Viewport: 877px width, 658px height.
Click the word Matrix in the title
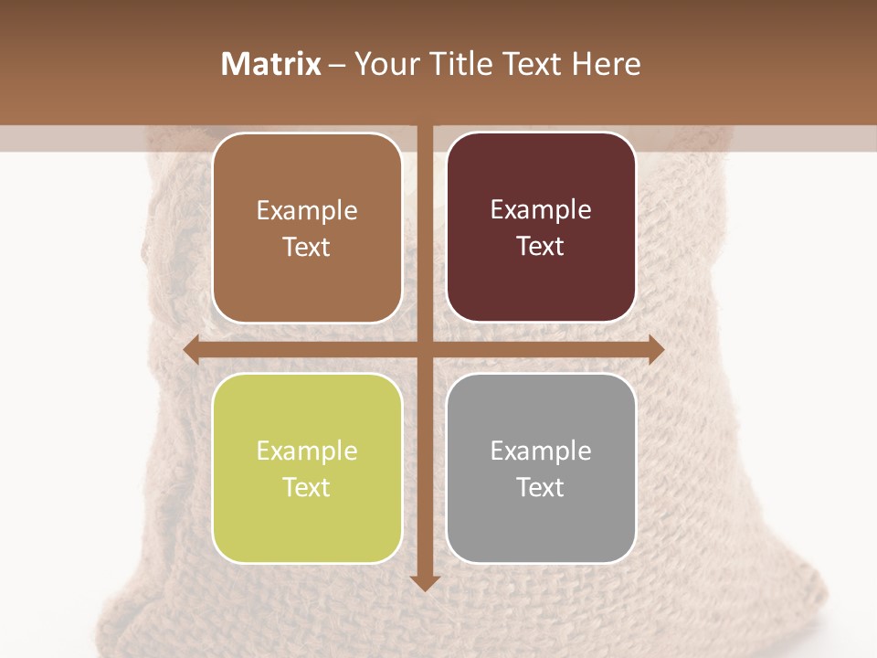(271, 64)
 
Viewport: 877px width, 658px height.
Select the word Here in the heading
(606, 64)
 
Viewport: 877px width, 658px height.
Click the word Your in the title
(387, 64)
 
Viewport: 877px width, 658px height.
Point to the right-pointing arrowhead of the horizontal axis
(655, 349)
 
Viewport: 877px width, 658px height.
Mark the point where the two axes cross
(424, 349)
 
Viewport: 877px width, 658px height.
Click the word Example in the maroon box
(541, 210)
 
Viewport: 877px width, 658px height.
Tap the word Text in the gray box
(541, 487)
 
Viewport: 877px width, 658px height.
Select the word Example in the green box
(307, 451)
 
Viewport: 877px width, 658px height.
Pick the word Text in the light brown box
(307, 247)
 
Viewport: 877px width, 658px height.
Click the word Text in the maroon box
(541, 247)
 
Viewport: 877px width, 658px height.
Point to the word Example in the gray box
(541, 451)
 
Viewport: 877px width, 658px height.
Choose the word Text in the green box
(307, 487)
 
